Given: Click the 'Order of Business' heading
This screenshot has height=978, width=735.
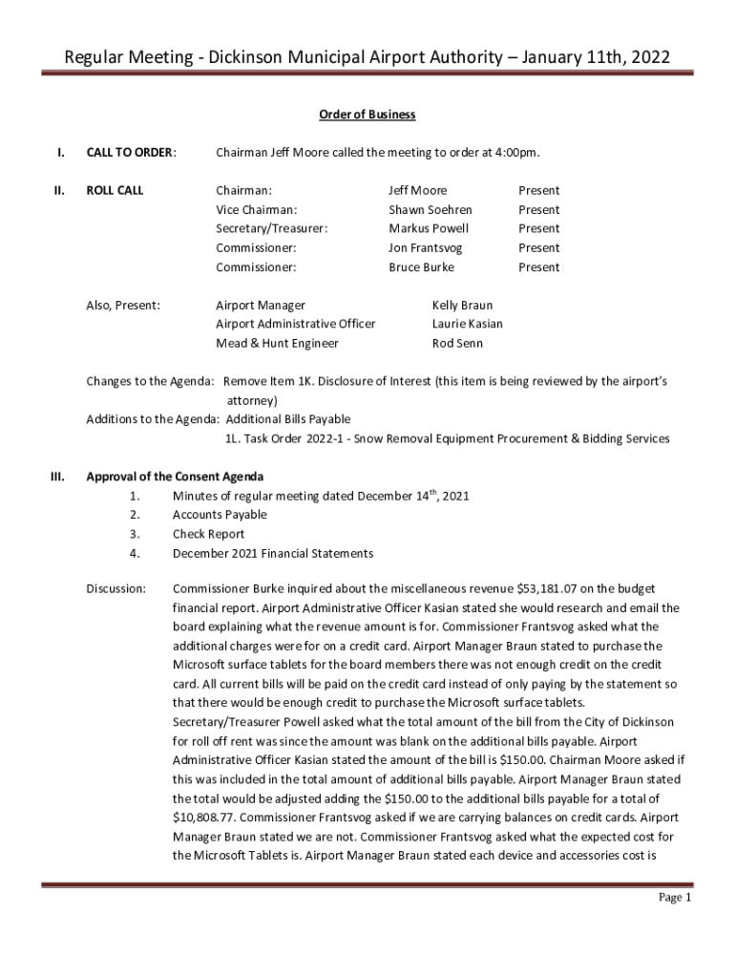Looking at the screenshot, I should pos(367,115).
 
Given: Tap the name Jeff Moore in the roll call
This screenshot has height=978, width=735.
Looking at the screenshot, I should pos(417,190).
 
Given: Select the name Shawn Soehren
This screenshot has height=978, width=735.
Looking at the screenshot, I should pos(430,209).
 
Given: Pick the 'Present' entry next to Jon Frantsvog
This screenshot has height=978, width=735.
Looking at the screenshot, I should pos(538,247).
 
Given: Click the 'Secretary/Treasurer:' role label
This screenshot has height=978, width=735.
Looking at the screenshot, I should pos(271,228).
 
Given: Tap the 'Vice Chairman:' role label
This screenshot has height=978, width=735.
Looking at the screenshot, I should pos(256,209).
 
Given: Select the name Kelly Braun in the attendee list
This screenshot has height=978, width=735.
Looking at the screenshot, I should pos(462,306).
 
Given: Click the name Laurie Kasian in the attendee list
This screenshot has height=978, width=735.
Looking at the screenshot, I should pos(467,324).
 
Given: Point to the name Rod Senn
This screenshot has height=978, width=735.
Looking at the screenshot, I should pos(457,343).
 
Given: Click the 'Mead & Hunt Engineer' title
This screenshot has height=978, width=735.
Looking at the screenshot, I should pos(277,343).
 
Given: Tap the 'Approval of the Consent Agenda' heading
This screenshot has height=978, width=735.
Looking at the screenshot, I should pos(175,477).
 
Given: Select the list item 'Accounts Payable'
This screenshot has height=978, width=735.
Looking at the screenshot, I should pos(220,515).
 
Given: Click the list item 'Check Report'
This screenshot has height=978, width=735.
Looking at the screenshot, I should pos(208,534).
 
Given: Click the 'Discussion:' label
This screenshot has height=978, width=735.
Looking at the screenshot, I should pos(115,588).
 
